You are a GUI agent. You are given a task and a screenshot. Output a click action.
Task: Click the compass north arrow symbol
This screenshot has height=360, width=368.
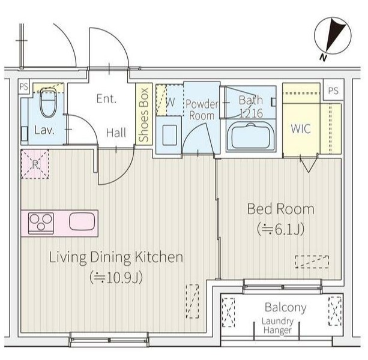click(333, 35)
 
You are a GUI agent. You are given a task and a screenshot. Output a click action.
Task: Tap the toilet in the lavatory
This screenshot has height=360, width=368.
click(49, 103)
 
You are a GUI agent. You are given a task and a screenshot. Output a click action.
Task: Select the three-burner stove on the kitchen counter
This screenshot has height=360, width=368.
click(41, 223)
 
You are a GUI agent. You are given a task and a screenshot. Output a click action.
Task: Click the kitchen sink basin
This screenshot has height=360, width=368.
click(82, 221)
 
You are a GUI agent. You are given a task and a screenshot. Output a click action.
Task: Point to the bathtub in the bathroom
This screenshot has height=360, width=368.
click(251, 136)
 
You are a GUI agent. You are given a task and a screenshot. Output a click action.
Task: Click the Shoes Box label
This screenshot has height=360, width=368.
click(143, 115)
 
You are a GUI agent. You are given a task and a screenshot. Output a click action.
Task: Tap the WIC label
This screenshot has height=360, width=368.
click(301, 128)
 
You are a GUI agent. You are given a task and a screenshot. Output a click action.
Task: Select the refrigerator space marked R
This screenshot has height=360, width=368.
click(35, 164)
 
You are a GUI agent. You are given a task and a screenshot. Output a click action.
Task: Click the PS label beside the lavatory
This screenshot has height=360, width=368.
click(23, 87)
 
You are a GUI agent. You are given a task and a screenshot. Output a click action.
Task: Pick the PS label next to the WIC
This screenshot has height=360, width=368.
click(333, 91)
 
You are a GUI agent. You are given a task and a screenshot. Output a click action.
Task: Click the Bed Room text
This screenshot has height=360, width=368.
click(281, 209)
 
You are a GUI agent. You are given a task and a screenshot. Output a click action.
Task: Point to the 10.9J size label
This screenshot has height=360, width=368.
click(116, 278)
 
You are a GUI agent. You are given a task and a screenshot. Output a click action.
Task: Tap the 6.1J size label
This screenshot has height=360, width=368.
click(281, 229)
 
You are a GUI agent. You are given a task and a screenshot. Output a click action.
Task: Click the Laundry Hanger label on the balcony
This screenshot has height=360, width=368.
click(277, 326)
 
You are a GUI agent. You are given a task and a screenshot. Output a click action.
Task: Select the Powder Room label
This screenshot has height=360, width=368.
click(202, 110)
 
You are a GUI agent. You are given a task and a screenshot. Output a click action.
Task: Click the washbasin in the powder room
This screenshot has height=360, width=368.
click(169, 135)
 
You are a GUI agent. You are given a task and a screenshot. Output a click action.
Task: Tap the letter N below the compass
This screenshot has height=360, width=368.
click(323, 58)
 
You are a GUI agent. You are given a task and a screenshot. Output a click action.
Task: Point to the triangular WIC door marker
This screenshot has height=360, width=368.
click(308, 166)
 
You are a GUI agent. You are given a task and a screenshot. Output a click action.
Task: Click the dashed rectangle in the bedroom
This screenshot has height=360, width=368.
click(312, 262)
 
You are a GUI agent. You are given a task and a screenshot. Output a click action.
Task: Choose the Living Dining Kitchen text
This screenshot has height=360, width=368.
click(116, 257)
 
